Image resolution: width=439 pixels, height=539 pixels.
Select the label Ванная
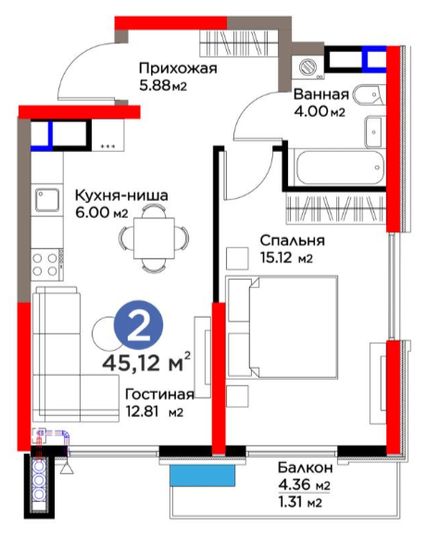pyautogui.click(x=320, y=94)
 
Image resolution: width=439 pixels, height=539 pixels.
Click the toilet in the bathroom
pyautogui.click(x=369, y=93)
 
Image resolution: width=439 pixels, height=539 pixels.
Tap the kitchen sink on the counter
pyautogui.click(x=45, y=198)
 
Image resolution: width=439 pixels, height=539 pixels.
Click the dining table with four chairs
pyautogui.click(x=153, y=237)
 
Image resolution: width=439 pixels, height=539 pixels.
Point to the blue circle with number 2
pyautogui.click(x=139, y=325)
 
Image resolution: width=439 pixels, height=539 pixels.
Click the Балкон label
pyautogui.click(x=303, y=467)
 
